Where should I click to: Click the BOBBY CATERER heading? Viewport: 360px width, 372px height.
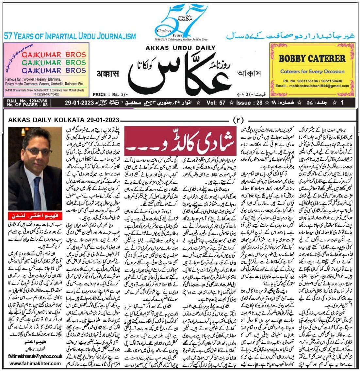pyautogui.click(x=312, y=59)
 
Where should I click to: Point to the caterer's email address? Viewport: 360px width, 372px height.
pyautogui.click(x=312, y=86)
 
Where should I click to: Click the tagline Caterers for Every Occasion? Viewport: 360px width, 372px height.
pyautogui.click(x=312, y=71)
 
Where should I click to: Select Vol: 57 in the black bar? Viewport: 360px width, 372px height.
pyautogui.click(x=216, y=103)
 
